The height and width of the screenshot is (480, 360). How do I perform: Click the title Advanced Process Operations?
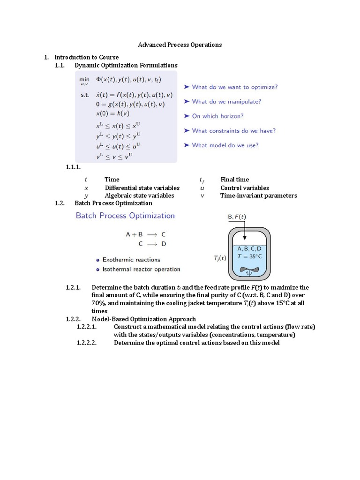[x=180, y=45]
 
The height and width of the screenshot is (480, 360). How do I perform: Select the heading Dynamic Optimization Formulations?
[x=126, y=65]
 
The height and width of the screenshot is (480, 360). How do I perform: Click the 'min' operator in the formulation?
[x=84, y=80]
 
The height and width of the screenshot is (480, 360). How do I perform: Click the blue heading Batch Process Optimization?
[x=125, y=216]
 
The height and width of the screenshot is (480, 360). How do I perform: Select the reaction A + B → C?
[x=145, y=234]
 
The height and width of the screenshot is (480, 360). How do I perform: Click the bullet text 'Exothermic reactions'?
[x=131, y=260]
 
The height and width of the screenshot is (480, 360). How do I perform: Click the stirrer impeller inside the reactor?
[x=249, y=271]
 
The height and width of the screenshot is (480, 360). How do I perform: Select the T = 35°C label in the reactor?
[x=249, y=256]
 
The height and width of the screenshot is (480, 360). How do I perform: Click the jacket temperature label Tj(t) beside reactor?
[x=217, y=257]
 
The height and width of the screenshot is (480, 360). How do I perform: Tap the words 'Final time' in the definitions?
[x=234, y=180]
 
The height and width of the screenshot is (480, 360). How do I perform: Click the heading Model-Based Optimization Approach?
[x=144, y=319]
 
